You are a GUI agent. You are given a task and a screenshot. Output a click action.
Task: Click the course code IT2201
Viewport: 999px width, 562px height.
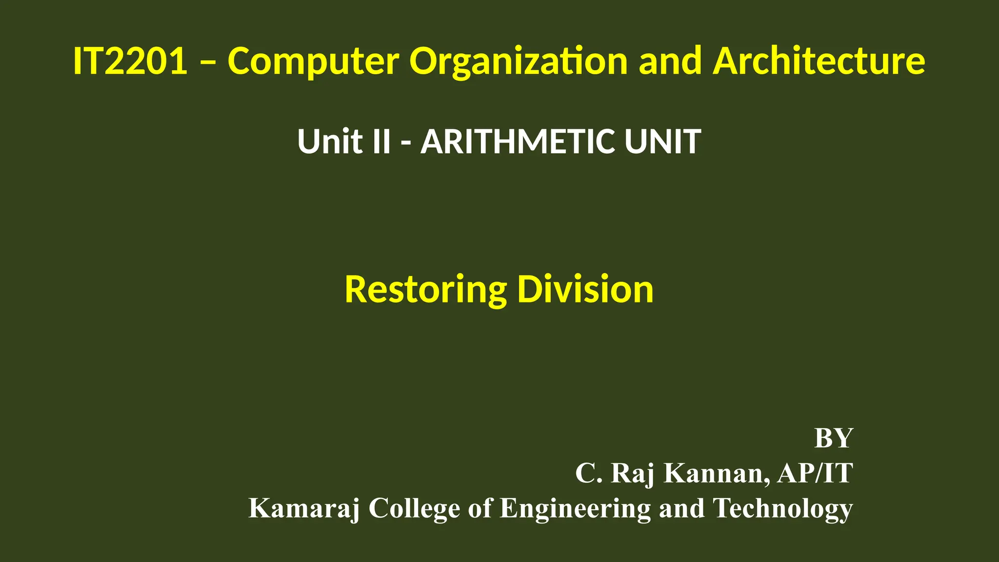130,61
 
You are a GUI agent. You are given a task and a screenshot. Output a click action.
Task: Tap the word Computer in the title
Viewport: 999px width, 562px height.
313,61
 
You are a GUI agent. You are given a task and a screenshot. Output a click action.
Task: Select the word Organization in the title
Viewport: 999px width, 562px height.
519,61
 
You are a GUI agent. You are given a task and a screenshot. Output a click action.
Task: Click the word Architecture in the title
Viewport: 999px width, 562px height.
819,61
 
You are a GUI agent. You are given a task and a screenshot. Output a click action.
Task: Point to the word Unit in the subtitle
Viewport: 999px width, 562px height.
329,141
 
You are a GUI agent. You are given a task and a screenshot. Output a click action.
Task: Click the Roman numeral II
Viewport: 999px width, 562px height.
381,141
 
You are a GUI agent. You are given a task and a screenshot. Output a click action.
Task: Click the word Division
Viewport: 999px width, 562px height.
585,290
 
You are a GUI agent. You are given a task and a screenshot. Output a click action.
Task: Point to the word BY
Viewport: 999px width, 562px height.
834,438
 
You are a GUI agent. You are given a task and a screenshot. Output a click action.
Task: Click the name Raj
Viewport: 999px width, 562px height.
632,473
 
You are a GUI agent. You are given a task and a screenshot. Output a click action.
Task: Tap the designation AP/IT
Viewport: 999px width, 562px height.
815,473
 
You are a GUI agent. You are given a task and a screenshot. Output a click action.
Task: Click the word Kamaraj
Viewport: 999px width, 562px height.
304,508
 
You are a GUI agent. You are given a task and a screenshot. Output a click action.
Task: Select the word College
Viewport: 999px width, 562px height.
414,508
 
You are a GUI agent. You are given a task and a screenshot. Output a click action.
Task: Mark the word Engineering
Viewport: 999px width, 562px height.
575,508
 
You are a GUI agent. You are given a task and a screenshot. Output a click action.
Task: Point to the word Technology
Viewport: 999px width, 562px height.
783,508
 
